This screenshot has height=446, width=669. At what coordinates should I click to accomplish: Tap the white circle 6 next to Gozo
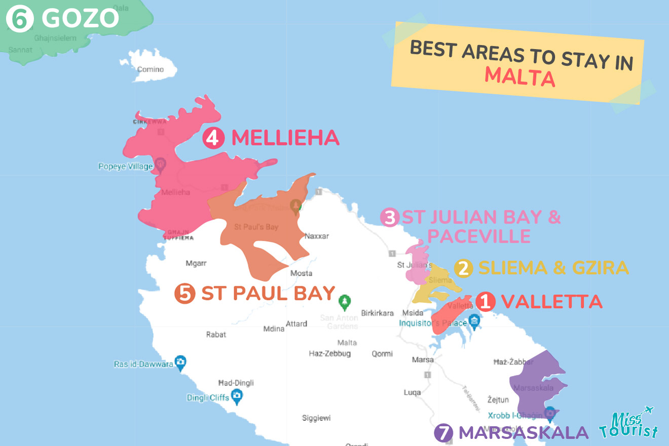pyautogui.click(x=20, y=19)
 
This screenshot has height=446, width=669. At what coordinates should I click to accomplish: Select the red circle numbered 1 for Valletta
pyautogui.click(x=485, y=302)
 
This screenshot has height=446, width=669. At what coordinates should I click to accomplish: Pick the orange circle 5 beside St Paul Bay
pyautogui.click(x=184, y=293)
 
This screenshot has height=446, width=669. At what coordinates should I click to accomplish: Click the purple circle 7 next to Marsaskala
pyautogui.click(x=443, y=433)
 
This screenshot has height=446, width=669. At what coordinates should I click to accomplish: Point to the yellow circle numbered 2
pyautogui.click(x=463, y=268)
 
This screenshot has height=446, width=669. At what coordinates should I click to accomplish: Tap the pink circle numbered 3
pyautogui.click(x=390, y=218)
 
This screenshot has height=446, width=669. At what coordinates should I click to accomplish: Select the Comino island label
pyautogui.click(x=151, y=69)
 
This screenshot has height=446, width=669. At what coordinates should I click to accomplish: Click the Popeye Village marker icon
pyautogui.click(x=161, y=164)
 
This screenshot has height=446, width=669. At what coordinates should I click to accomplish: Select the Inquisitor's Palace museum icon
pyautogui.click(x=474, y=320)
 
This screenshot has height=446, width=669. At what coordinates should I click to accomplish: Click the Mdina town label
pyautogui.click(x=274, y=329)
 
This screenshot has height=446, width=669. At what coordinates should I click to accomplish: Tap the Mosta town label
pyautogui.click(x=301, y=273)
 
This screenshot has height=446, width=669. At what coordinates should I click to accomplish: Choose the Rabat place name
pyautogui.click(x=216, y=334)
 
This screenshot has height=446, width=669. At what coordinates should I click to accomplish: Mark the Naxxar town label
pyautogui.click(x=317, y=236)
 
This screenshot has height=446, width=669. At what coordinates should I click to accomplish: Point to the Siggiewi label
pyautogui.click(x=316, y=418)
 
